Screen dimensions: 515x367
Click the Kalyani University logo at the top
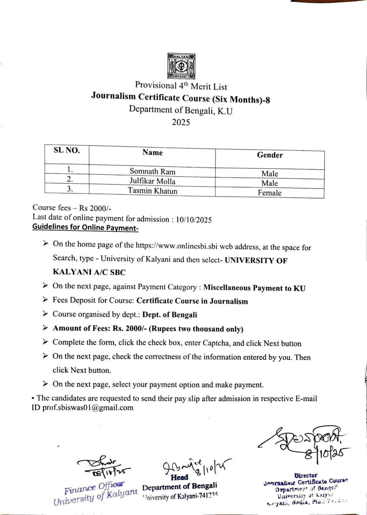pos(181,66)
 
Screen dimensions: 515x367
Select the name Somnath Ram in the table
pos(152,171)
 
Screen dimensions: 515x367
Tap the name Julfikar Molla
pos(152,181)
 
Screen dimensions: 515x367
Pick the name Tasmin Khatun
pos(152,191)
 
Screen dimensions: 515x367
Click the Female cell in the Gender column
pos(269,193)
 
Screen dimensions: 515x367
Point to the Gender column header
pos(270,155)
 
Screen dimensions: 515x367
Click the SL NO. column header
pos(67,150)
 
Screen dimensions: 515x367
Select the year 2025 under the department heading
pos(181,122)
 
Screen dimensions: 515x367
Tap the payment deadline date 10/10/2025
pos(194,220)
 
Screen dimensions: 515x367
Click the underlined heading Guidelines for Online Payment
pos(85,227)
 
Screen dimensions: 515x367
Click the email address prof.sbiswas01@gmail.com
pos(88,408)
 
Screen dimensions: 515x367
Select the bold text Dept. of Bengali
pos(170,315)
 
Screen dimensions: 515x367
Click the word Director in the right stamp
pos(305,475)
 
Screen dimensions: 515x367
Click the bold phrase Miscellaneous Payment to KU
pos(254,288)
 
